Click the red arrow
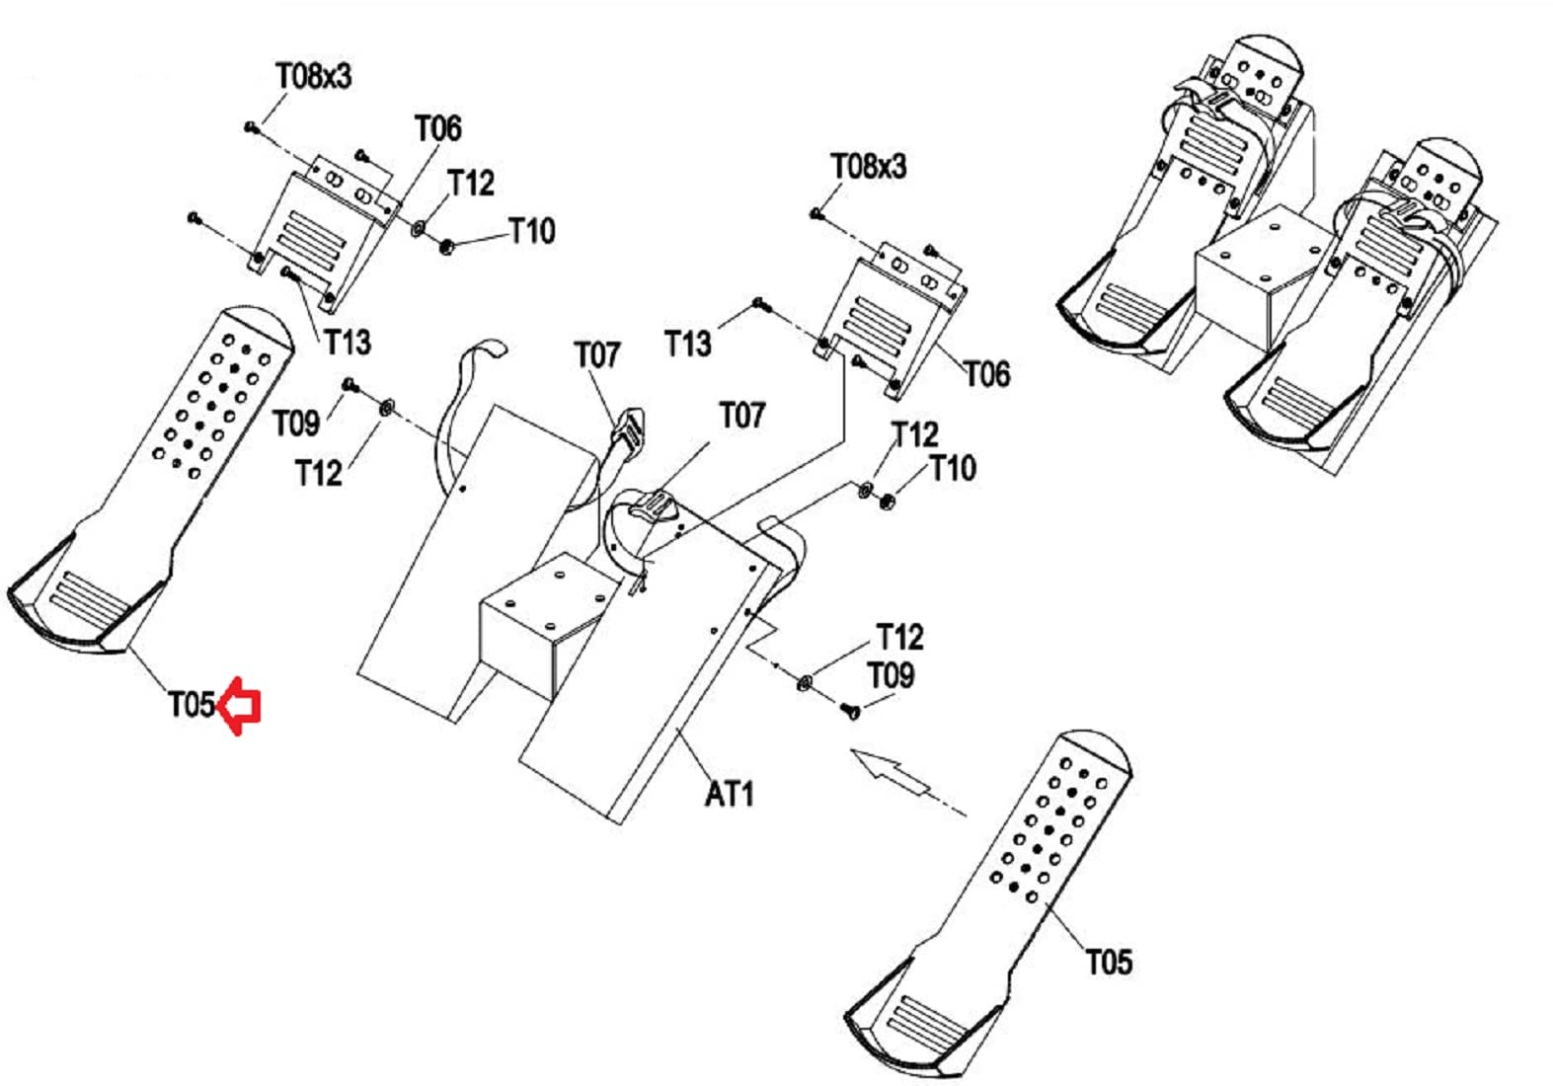tap(240, 705)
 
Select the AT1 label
tap(730, 794)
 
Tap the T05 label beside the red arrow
tap(193, 705)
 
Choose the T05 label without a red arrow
tap(1109, 963)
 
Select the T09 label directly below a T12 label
tap(891, 675)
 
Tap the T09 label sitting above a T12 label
tap(296, 423)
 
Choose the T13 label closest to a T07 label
tap(688, 344)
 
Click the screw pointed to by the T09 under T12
tap(851, 710)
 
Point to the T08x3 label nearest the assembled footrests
tap(868, 167)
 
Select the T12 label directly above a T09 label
tap(899, 637)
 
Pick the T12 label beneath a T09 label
tap(318, 473)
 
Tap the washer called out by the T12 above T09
tap(805, 683)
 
